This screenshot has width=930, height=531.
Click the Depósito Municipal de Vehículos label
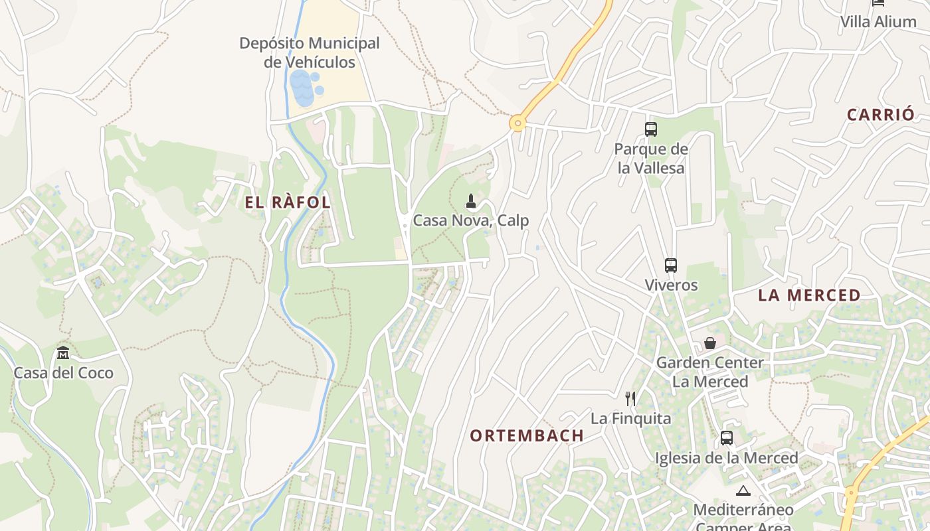(x=310, y=52)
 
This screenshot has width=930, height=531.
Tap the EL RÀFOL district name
(x=288, y=203)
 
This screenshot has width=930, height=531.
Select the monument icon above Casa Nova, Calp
(x=471, y=200)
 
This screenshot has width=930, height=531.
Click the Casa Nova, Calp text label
(x=471, y=220)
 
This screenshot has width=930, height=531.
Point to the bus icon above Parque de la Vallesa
(x=650, y=129)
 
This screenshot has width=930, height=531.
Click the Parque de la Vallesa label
(x=650, y=159)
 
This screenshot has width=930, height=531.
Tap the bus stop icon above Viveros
(x=671, y=265)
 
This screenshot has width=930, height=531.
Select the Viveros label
(x=671, y=285)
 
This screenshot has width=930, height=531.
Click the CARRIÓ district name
(x=881, y=114)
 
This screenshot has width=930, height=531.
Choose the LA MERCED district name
(x=809, y=295)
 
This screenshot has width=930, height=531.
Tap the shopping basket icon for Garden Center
(x=709, y=343)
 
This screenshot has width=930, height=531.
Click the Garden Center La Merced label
(x=709, y=372)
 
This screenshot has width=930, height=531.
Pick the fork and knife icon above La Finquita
(x=630, y=399)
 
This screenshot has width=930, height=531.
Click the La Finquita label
(x=630, y=419)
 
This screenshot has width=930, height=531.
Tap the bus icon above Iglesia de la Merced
(x=726, y=438)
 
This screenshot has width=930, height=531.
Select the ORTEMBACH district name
(x=527, y=435)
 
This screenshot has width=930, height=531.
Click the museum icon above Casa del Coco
(x=63, y=352)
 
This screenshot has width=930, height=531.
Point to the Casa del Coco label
(x=63, y=373)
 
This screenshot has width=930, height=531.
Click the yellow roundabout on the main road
(x=517, y=123)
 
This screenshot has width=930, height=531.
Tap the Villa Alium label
(x=878, y=21)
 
